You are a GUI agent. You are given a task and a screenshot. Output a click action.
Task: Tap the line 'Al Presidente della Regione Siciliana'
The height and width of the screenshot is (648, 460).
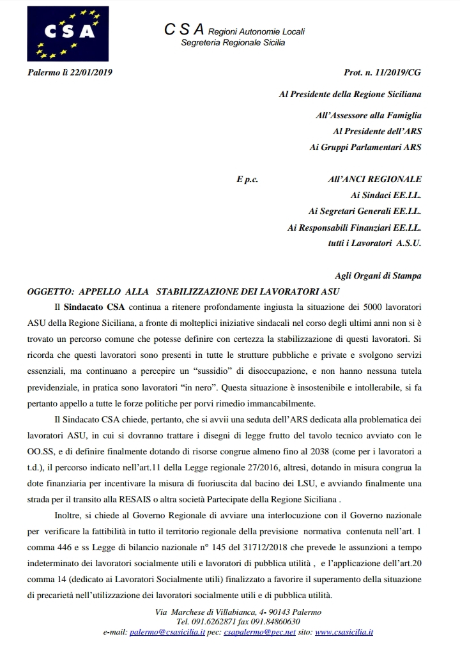tap(350, 94)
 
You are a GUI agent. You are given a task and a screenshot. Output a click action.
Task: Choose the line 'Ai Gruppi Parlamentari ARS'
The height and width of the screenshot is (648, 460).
tap(365, 147)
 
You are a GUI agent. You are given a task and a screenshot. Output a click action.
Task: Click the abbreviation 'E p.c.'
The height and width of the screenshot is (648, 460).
tap(247, 180)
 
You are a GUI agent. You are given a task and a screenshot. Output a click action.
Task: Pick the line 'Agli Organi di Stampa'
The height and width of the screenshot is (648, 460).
tap(378, 275)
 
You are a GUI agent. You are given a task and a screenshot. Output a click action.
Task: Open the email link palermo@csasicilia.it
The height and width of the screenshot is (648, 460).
tap(167, 632)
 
